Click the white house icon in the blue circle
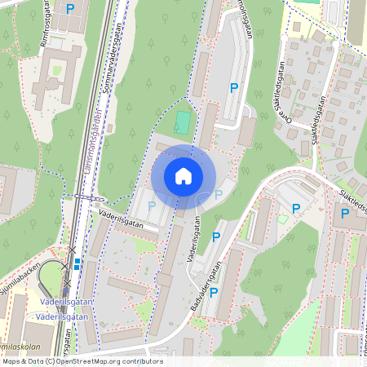pos(183,176)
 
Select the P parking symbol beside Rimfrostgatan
pos(70,9)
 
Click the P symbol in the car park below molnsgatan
pos(234,87)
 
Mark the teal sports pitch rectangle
pos(183,124)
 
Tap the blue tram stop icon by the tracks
pos(77,263)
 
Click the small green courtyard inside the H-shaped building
pos(57,70)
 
